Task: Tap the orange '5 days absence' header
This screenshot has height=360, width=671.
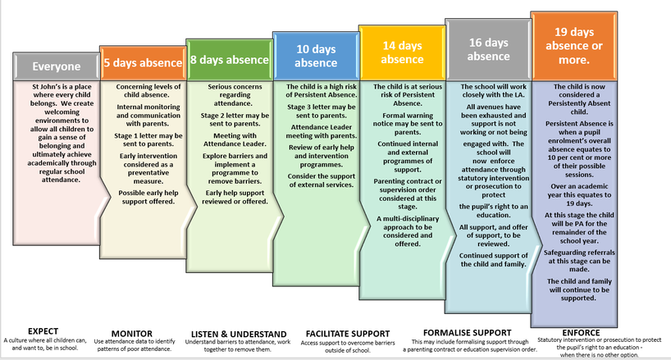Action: point(141,61)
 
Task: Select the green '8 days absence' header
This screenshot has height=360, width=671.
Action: point(227,58)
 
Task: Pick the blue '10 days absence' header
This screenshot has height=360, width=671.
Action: point(314,56)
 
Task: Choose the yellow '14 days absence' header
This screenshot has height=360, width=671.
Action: point(402,52)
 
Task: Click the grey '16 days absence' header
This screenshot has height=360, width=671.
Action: point(488,48)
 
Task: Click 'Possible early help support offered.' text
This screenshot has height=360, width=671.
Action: point(141,196)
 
